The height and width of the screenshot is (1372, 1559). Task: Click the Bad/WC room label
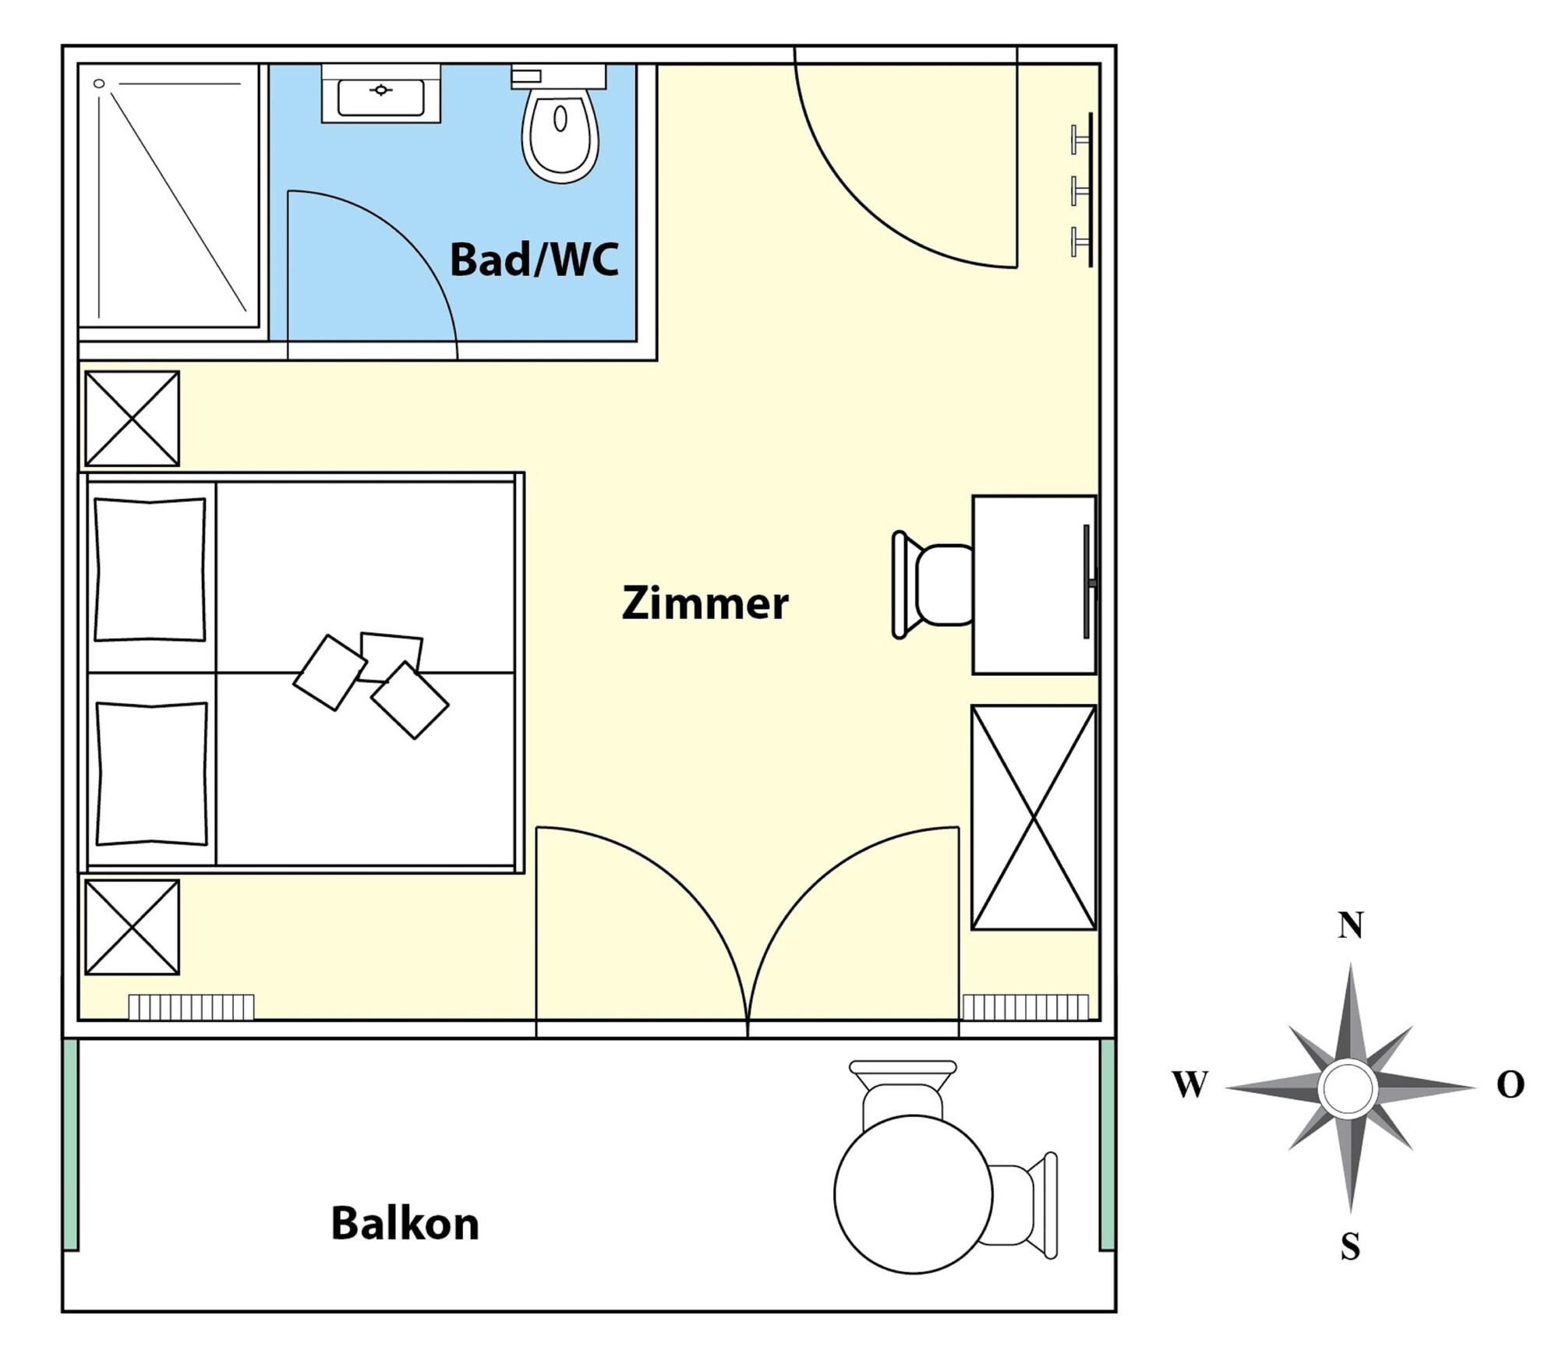click(x=534, y=260)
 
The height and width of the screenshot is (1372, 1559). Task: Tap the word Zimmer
click(x=705, y=603)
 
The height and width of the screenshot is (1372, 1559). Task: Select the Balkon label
click(x=405, y=1223)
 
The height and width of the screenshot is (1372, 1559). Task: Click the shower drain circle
click(x=99, y=83)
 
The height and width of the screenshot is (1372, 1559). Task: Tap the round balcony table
click(x=913, y=1194)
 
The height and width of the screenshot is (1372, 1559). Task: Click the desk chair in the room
click(x=932, y=585)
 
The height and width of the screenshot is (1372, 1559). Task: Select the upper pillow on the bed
click(x=150, y=569)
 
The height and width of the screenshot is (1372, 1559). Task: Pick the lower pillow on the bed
click(x=151, y=773)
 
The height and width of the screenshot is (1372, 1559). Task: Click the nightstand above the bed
click(x=132, y=419)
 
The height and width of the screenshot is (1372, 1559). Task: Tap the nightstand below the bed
click(x=132, y=928)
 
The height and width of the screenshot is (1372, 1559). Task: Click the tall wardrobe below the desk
click(x=1034, y=818)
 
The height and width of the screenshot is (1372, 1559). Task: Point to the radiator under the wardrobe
click(x=1025, y=1007)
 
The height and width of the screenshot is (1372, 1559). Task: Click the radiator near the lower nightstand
click(x=191, y=1007)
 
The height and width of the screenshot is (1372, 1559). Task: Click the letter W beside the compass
click(x=1190, y=1084)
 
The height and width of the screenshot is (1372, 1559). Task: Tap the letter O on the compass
click(x=1510, y=1084)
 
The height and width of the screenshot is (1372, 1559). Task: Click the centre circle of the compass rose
click(x=1349, y=1087)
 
